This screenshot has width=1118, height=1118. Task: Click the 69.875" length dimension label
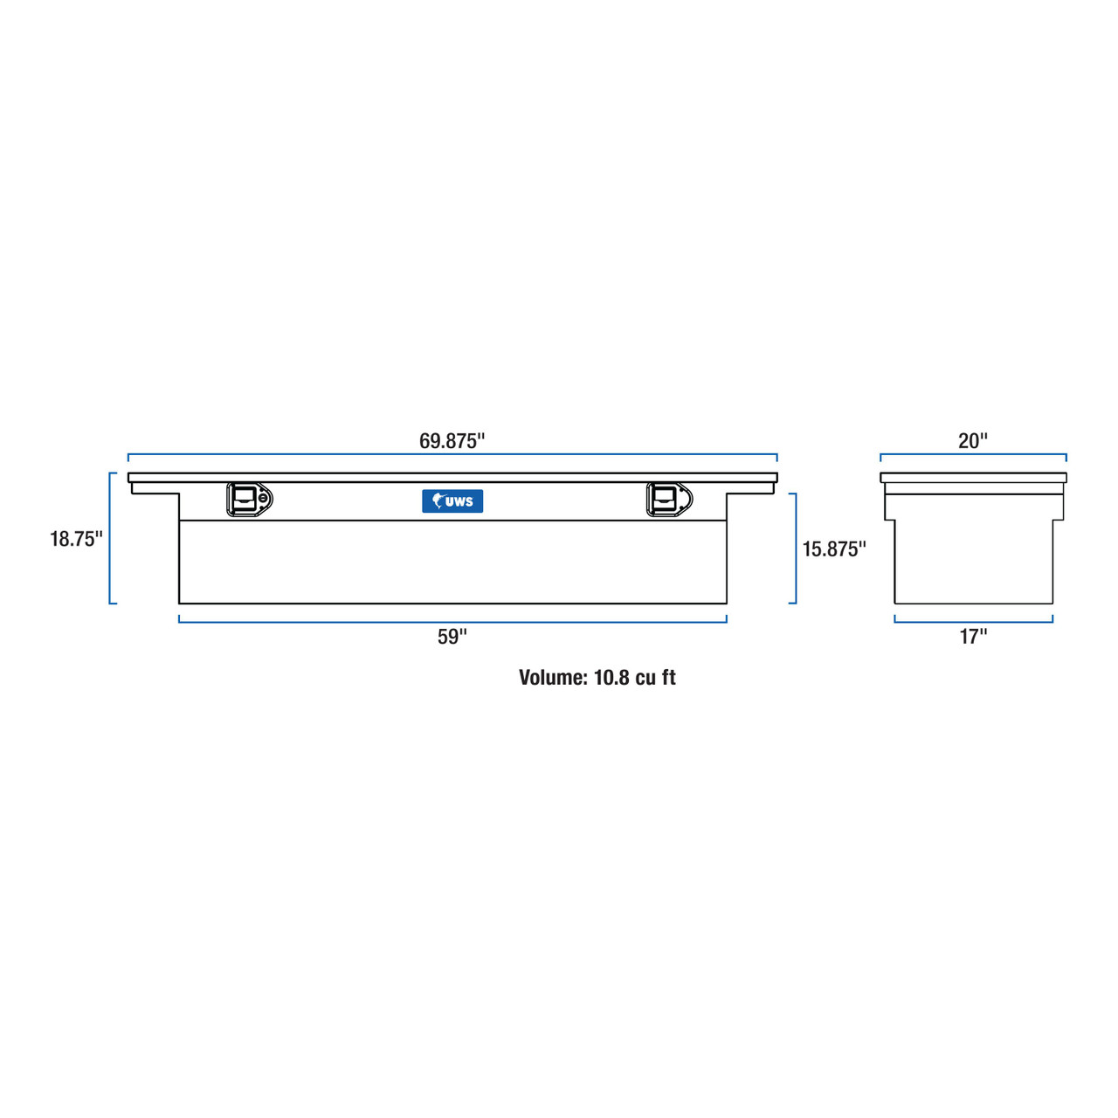click(452, 441)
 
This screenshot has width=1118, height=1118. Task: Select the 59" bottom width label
click(452, 637)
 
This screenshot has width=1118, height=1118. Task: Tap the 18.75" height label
click(76, 539)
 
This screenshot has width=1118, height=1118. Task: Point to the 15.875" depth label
click(834, 549)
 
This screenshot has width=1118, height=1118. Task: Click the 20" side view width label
click(973, 441)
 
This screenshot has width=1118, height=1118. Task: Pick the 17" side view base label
click(973, 637)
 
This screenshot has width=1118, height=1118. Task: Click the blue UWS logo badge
click(452, 500)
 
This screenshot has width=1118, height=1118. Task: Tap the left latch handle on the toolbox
click(245, 499)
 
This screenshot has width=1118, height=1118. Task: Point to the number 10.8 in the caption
click(611, 678)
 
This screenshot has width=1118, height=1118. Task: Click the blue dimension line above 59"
click(452, 621)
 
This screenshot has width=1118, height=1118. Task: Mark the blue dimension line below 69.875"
click(452, 454)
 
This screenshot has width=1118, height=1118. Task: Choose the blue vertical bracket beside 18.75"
click(110, 538)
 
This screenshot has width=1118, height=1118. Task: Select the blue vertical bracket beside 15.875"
click(795, 549)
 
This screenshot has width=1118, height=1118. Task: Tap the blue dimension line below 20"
click(973, 454)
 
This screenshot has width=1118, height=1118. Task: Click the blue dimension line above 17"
click(973, 621)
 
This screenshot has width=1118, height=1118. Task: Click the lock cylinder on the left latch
click(264, 499)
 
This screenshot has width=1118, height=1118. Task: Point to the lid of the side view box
click(973, 478)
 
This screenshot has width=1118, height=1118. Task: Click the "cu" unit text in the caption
click(647, 678)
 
